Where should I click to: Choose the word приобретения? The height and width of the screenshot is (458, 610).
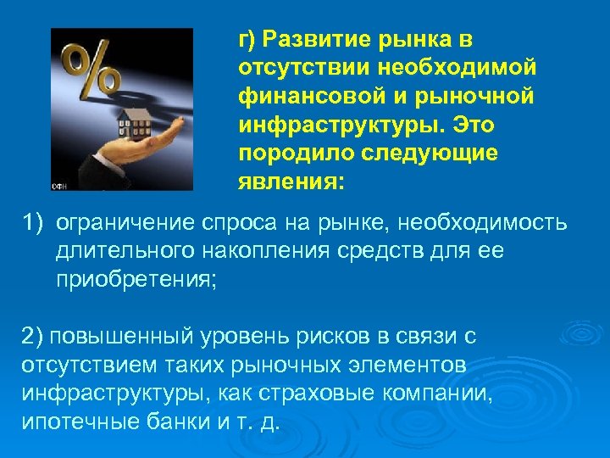(136, 280)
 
